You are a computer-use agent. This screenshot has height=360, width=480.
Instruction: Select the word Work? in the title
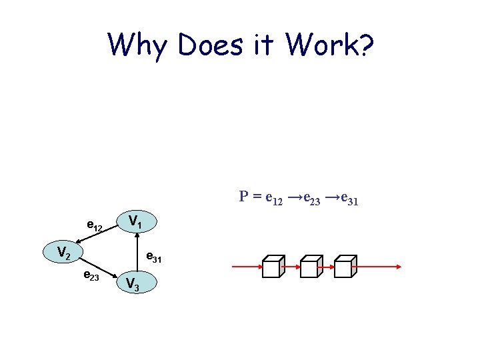pos(332,45)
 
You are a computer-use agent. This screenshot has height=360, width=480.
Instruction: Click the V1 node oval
pos(137,221)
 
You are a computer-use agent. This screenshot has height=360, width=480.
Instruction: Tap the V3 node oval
pos(136,283)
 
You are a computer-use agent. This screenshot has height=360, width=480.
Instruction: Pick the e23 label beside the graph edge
pos(91,276)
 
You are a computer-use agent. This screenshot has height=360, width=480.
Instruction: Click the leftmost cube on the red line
pos(273,266)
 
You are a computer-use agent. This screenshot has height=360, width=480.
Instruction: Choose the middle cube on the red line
pos(309,266)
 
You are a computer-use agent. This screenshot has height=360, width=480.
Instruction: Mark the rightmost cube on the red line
pos(345,266)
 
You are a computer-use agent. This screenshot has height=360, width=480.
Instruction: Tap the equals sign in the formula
pos(257,197)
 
